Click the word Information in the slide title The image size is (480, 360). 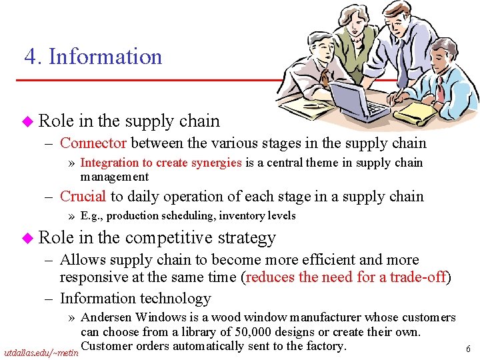[105, 57]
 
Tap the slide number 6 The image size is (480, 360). [469, 349]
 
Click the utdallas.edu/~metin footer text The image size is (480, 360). [41, 350]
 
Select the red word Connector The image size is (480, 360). [93, 143]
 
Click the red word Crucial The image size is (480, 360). [83, 196]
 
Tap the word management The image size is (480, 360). [114, 177]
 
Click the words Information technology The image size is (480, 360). [135, 299]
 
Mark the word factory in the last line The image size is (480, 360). [324, 346]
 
